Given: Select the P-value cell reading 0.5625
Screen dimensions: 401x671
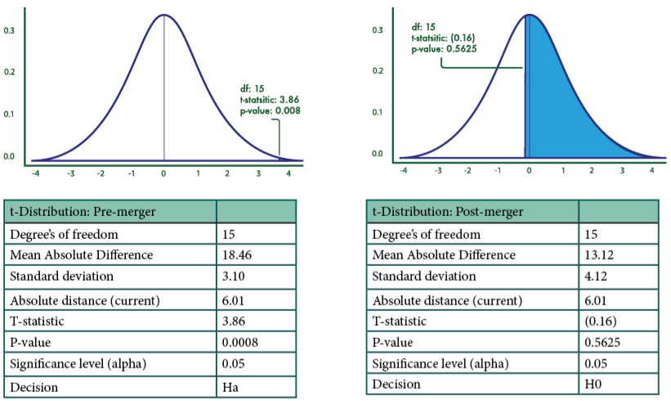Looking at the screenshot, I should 603,343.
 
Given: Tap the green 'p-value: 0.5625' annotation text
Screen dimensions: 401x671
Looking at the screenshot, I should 445,48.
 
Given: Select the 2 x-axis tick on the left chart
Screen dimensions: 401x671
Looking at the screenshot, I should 226,173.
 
